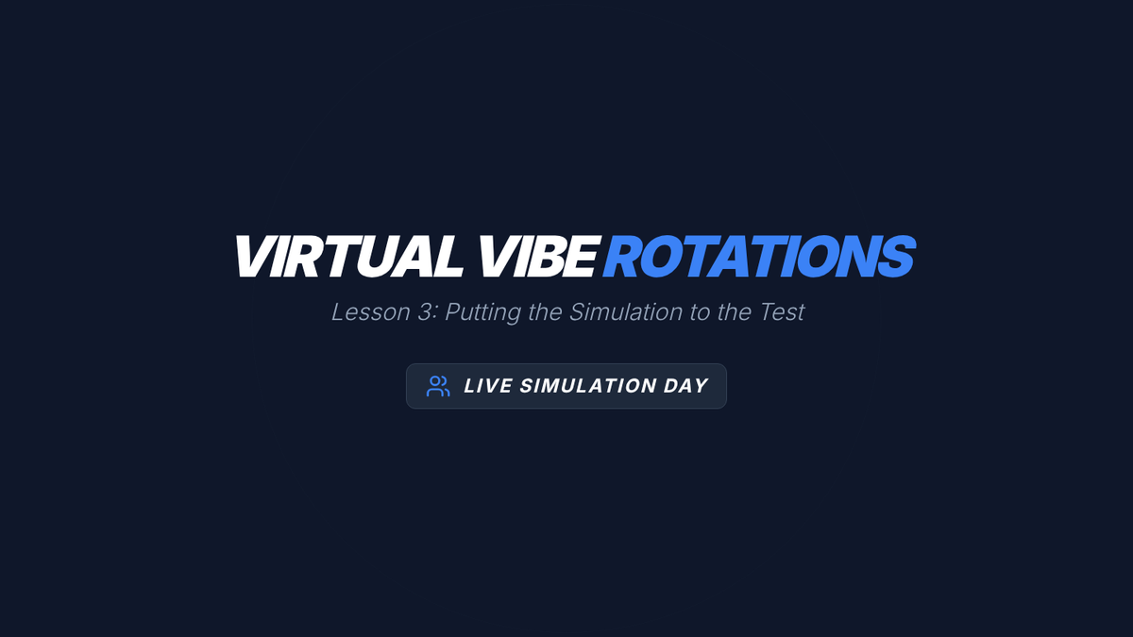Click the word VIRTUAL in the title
(348, 257)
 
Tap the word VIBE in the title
(537, 257)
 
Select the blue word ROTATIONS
(759, 257)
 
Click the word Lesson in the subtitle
(371, 312)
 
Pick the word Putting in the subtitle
(483, 313)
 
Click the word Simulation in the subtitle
(626, 312)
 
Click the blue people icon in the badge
(438, 386)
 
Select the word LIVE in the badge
(488, 386)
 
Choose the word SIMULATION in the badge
(588, 386)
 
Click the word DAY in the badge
(685, 386)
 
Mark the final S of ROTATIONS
(896, 257)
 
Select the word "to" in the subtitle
(700, 313)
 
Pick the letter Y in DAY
(700, 386)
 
